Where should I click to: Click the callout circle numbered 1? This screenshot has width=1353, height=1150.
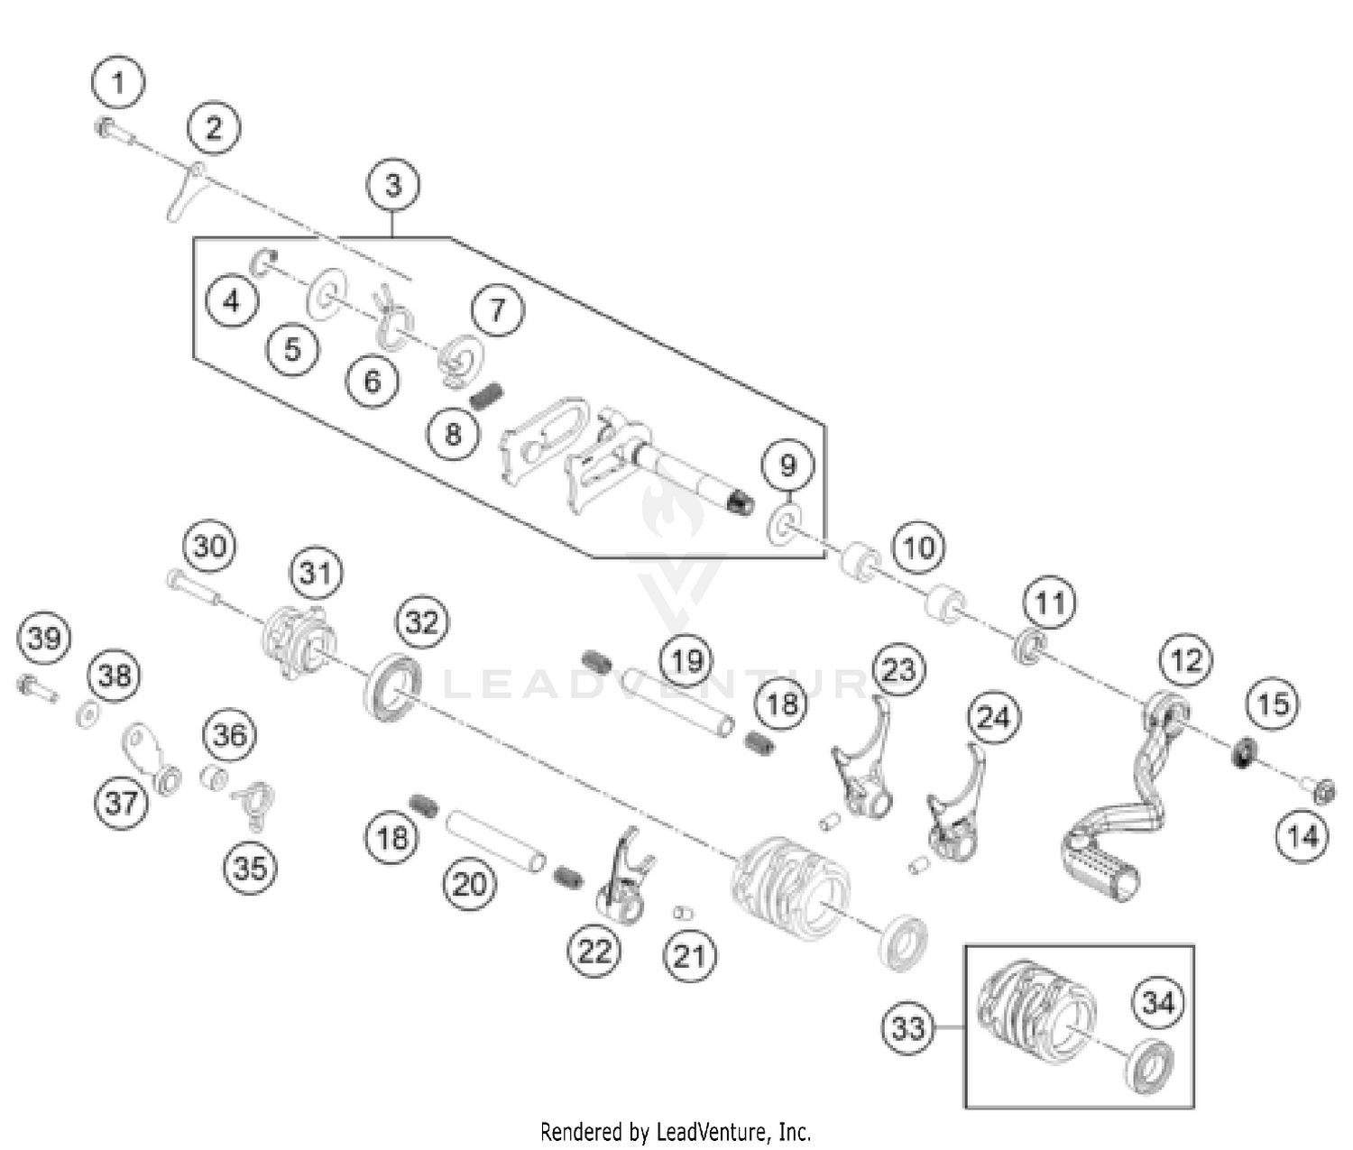(x=118, y=83)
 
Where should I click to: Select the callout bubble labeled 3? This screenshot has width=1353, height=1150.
(x=393, y=185)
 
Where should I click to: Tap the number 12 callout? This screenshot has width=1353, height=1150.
(x=1185, y=661)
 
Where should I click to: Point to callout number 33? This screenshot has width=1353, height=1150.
(x=907, y=1027)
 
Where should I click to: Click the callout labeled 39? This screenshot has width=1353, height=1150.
(x=44, y=638)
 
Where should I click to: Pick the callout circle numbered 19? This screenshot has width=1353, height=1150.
(x=686, y=661)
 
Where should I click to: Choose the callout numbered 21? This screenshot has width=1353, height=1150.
(x=690, y=955)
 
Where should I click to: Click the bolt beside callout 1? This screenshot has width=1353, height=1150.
(x=112, y=132)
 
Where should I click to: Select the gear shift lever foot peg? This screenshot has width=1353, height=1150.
(x=1102, y=868)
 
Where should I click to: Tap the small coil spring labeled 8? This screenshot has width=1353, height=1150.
(x=486, y=395)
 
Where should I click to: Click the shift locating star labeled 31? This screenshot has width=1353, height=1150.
(x=298, y=641)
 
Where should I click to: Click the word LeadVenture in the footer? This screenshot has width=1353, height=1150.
(x=716, y=1131)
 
